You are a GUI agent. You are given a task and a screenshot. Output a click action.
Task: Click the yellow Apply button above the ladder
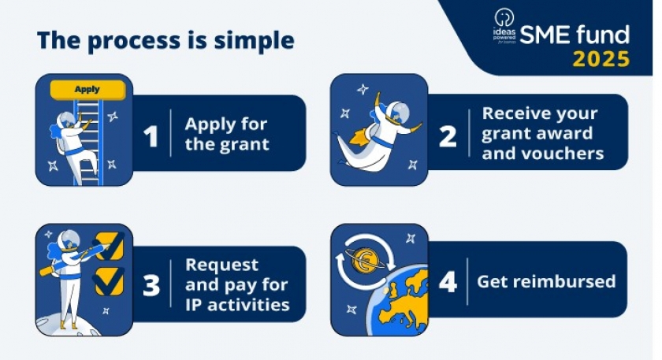[x=87, y=90]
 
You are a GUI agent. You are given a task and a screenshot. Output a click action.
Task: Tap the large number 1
[x=151, y=136]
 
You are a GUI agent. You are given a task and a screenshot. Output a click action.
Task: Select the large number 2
[x=448, y=136]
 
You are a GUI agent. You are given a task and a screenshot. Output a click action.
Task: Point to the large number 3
[x=151, y=285]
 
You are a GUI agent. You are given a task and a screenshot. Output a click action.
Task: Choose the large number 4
[x=448, y=282]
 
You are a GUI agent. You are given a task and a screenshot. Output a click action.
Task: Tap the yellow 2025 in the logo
[x=601, y=59]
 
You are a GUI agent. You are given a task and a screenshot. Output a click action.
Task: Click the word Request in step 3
[x=221, y=265]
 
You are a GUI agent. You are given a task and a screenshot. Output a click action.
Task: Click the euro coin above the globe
[x=365, y=260]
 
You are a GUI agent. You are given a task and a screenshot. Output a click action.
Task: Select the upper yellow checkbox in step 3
[x=110, y=246]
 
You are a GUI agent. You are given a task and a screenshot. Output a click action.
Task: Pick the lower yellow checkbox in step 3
[x=110, y=281]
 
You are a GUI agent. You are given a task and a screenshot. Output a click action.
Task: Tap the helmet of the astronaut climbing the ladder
[x=68, y=120]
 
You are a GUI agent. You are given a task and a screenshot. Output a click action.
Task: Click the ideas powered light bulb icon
[x=504, y=18]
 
